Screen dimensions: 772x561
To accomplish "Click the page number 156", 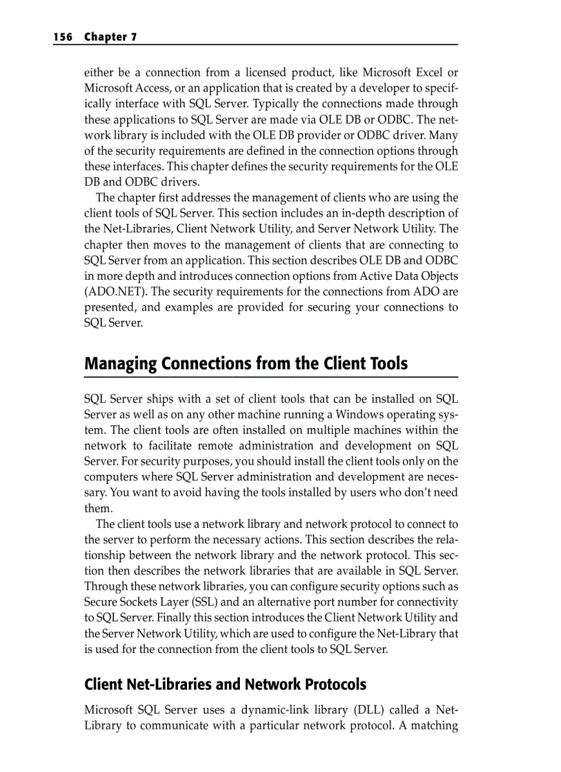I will [63, 37].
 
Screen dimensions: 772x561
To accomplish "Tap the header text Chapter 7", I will [110, 37].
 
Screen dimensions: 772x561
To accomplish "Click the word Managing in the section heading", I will [120, 364].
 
